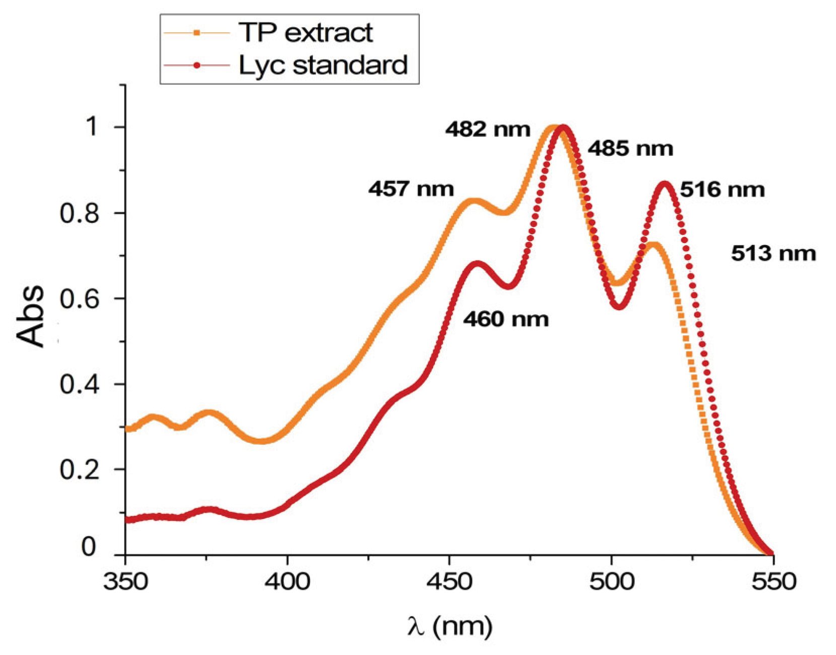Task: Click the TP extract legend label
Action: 305,33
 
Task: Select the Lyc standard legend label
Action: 323,66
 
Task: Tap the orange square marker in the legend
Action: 197,33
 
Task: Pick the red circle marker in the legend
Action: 197,65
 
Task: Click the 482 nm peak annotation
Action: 487,130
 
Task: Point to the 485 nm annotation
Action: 630,149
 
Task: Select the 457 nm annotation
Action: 411,189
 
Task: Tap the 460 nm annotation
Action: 506,320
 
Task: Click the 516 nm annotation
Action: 722,190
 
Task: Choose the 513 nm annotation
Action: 773,254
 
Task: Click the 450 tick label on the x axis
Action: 449,582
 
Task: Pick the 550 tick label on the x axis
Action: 773,582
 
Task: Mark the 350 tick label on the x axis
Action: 125,582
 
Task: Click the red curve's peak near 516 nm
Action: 665,184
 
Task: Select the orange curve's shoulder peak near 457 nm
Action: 472,201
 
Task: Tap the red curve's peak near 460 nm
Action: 477,263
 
